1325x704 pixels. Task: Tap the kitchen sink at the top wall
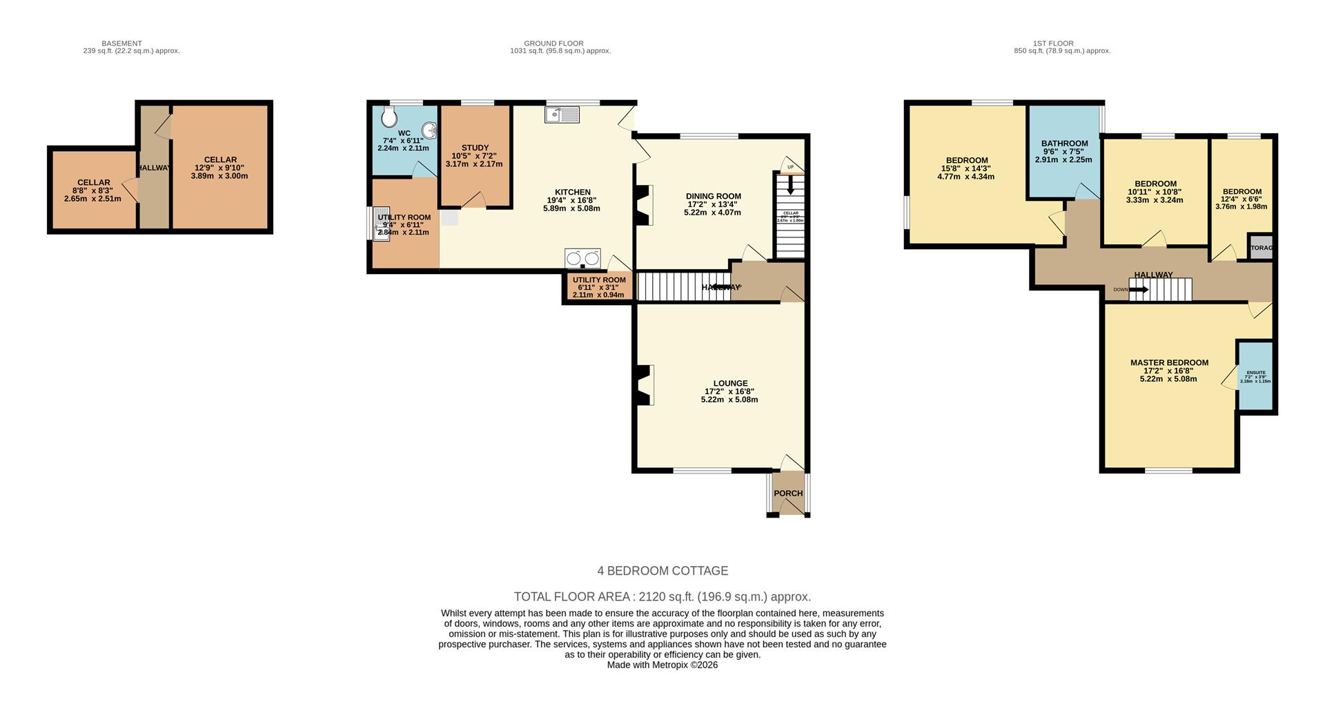click(562, 115)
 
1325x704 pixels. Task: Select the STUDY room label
click(475, 148)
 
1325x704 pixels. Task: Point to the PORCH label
click(788, 493)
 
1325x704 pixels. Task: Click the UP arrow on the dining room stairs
click(790, 184)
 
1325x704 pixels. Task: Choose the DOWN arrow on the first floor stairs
click(1138, 290)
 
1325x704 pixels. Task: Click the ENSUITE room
click(1255, 376)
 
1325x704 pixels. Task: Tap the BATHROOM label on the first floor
click(1064, 144)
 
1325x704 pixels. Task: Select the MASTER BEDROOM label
click(1169, 362)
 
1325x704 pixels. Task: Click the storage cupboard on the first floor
click(1261, 248)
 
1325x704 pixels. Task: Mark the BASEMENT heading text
click(121, 43)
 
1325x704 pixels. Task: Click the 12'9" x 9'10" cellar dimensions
click(219, 168)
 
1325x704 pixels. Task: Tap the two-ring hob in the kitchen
click(582, 258)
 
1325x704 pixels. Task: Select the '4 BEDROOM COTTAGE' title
click(662, 571)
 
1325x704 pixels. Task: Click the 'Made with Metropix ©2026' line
click(662, 665)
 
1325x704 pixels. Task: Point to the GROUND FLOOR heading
click(553, 43)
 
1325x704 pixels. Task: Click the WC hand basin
click(429, 129)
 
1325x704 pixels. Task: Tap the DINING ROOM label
click(713, 196)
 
